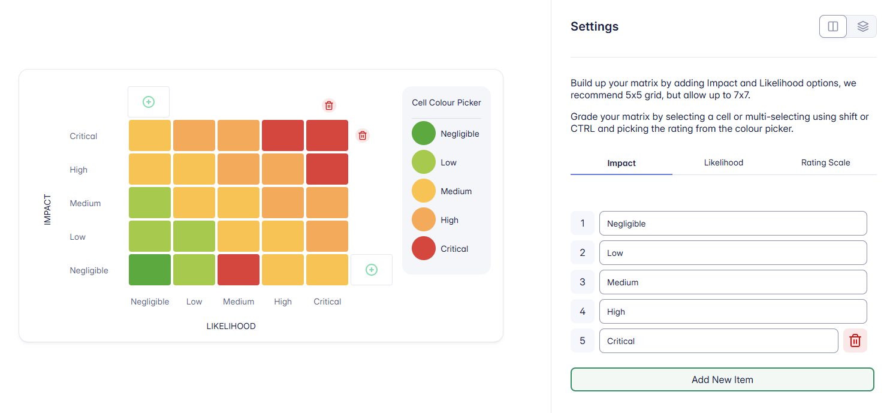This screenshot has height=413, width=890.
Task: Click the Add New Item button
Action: (722, 379)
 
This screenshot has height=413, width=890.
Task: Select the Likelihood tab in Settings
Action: (723, 162)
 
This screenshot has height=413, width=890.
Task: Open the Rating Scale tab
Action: (825, 162)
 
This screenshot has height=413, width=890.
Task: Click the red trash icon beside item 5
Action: (855, 340)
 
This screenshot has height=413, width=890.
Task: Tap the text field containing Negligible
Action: (732, 224)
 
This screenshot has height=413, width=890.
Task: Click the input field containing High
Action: (732, 312)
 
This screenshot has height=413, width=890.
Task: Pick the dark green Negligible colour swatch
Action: (424, 133)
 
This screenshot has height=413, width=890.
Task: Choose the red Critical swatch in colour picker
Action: (424, 248)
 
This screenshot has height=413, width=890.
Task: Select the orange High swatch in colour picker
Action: (424, 219)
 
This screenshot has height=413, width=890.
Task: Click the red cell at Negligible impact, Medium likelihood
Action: (239, 270)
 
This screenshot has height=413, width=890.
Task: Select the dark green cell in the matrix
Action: (150, 270)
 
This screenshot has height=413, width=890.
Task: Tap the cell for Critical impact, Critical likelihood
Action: (327, 135)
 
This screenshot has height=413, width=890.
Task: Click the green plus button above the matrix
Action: (149, 102)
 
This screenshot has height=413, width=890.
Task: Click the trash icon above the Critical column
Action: (329, 105)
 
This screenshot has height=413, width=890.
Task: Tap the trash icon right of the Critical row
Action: (363, 135)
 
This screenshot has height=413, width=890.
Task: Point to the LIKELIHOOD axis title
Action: (231, 326)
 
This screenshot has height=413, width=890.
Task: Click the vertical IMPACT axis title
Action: (48, 209)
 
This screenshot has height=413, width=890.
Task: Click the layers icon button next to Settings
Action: (862, 26)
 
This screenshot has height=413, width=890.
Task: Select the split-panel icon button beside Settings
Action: (833, 26)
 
